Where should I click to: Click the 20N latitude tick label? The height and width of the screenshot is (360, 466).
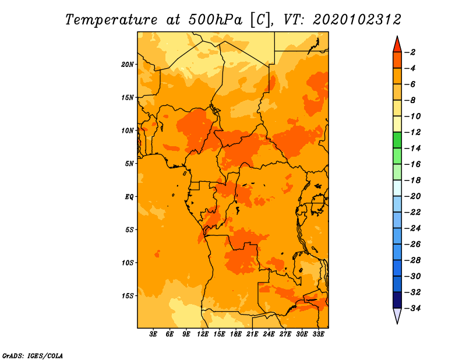pos(128,65)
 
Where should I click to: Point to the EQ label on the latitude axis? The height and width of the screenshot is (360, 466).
pos(129,197)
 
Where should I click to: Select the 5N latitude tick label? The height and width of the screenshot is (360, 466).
pos(129,164)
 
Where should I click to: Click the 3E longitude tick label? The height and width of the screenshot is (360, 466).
pos(153,334)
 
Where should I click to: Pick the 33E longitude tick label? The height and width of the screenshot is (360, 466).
pos(318,334)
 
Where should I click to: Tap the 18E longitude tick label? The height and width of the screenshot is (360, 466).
pos(236,334)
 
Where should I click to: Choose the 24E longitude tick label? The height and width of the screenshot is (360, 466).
pos(269,334)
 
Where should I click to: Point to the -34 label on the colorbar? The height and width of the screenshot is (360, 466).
pos(412,308)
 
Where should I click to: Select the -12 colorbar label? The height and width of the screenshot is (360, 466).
pos(412,132)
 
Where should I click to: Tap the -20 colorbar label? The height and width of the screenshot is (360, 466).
pos(412,196)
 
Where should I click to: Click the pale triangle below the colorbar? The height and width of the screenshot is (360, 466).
pos(397,315)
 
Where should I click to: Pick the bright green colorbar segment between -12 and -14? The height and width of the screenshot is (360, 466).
pos(397,140)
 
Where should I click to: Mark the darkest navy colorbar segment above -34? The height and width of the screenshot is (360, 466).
pos(397,300)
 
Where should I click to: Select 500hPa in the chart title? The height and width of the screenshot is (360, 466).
pos(216,20)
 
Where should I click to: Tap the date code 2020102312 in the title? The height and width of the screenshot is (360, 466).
pos(357,20)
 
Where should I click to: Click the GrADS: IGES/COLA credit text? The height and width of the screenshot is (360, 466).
pos(33,355)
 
